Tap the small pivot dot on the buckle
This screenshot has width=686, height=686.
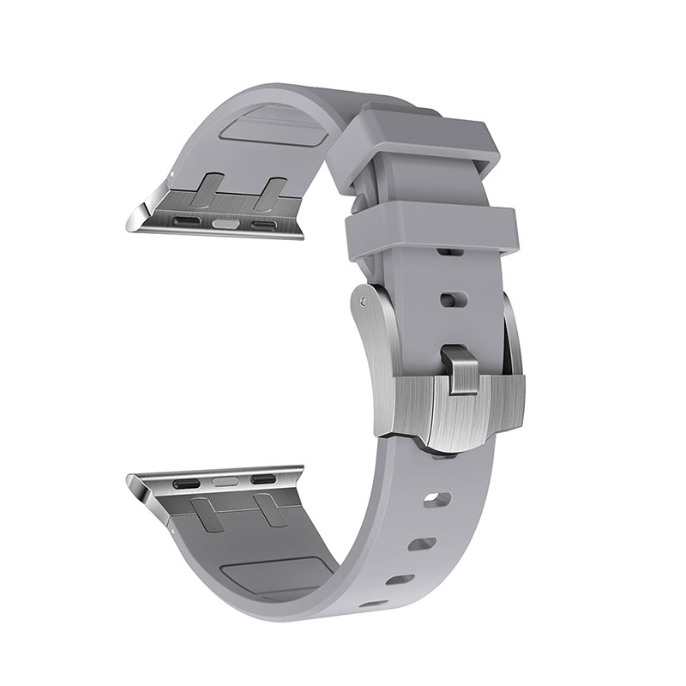366,302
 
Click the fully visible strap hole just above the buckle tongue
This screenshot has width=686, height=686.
453,299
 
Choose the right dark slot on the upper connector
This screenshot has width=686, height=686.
263,226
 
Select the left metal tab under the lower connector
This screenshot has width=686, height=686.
208,515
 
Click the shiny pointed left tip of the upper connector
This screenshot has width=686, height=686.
131,224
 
